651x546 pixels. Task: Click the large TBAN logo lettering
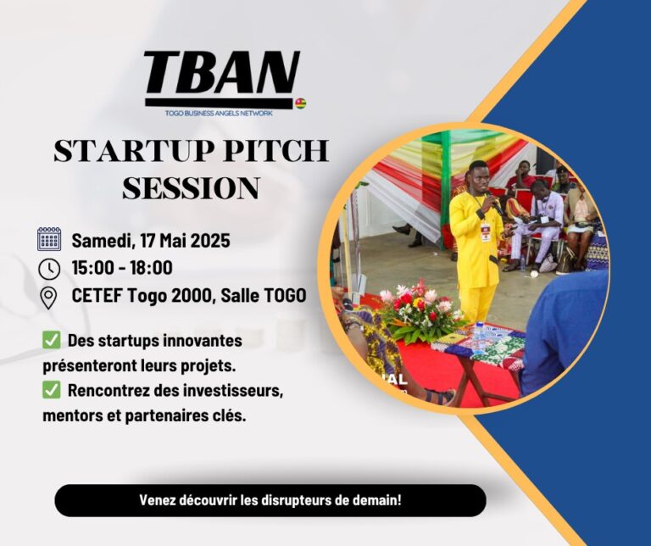coord(222,73)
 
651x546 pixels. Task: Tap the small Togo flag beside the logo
coord(300,103)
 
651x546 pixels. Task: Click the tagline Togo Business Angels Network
coord(219,113)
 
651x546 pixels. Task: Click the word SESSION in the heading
coord(192,187)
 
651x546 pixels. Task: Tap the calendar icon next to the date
coord(49,239)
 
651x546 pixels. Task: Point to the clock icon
coord(49,269)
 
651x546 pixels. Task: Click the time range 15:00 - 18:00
coord(122,268)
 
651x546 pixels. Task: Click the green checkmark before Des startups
coord(52,341)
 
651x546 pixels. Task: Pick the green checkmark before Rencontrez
coord(52,390)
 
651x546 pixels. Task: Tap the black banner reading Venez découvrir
coord(270,500)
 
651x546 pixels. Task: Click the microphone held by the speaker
coord(494,202)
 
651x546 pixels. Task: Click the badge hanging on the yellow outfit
coord(485,232)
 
